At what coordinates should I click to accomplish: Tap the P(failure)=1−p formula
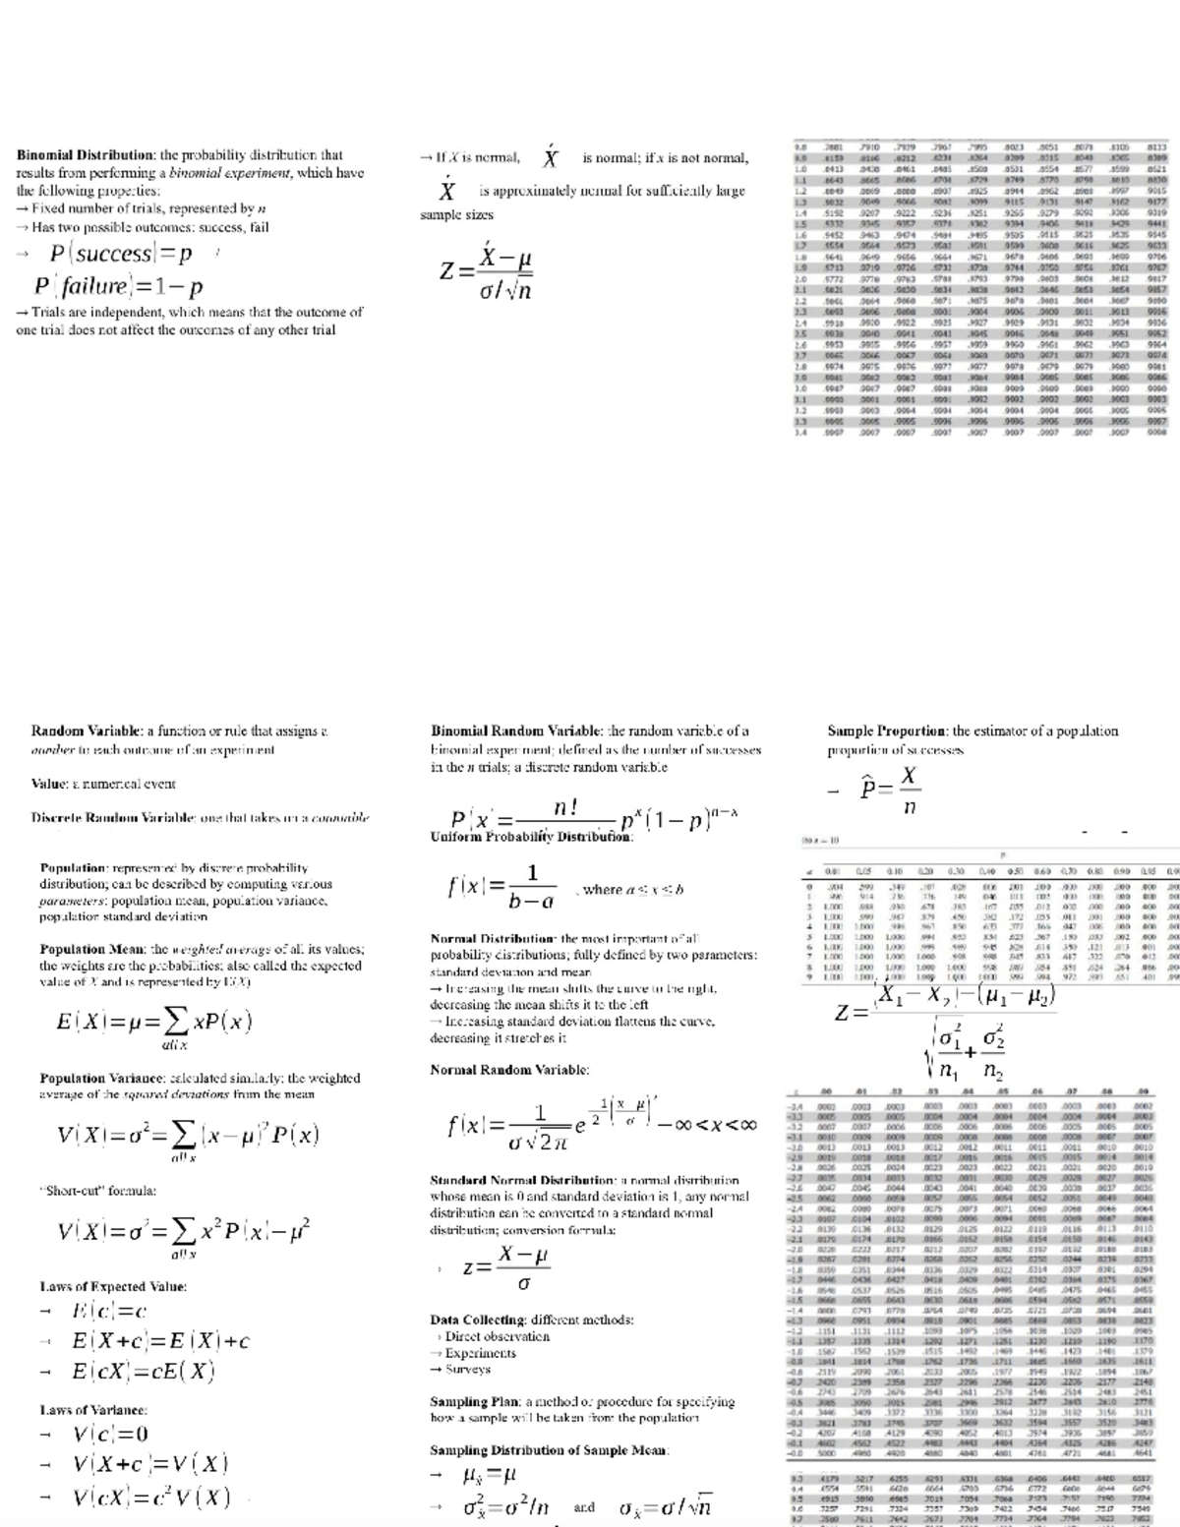(119, 287)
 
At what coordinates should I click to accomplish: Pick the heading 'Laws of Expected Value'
(113, 1286)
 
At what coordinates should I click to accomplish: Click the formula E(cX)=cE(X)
(144, 1372)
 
